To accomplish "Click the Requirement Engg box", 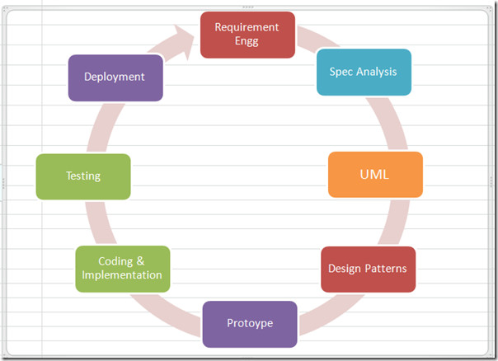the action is point(247,35).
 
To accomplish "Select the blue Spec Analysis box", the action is point(364,72).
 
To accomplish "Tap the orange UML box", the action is point(375,175).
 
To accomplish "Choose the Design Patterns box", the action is point(368,270).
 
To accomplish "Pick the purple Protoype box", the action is point(250,324).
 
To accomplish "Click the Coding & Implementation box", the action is point(123,269).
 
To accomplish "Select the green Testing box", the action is point(83,177).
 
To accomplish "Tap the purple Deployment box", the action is point(115,77).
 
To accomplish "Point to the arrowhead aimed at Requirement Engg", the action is point(184,40).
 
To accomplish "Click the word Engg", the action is point(247,41).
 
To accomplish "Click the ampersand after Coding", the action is point(140,261).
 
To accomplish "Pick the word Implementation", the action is point(122,274).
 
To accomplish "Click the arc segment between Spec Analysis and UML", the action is point(390,123).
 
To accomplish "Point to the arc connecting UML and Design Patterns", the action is point(395,223).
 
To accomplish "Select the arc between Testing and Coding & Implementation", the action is point(98,223).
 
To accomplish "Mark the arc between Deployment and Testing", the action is point(102,128).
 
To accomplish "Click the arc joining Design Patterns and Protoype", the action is point(331,314).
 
